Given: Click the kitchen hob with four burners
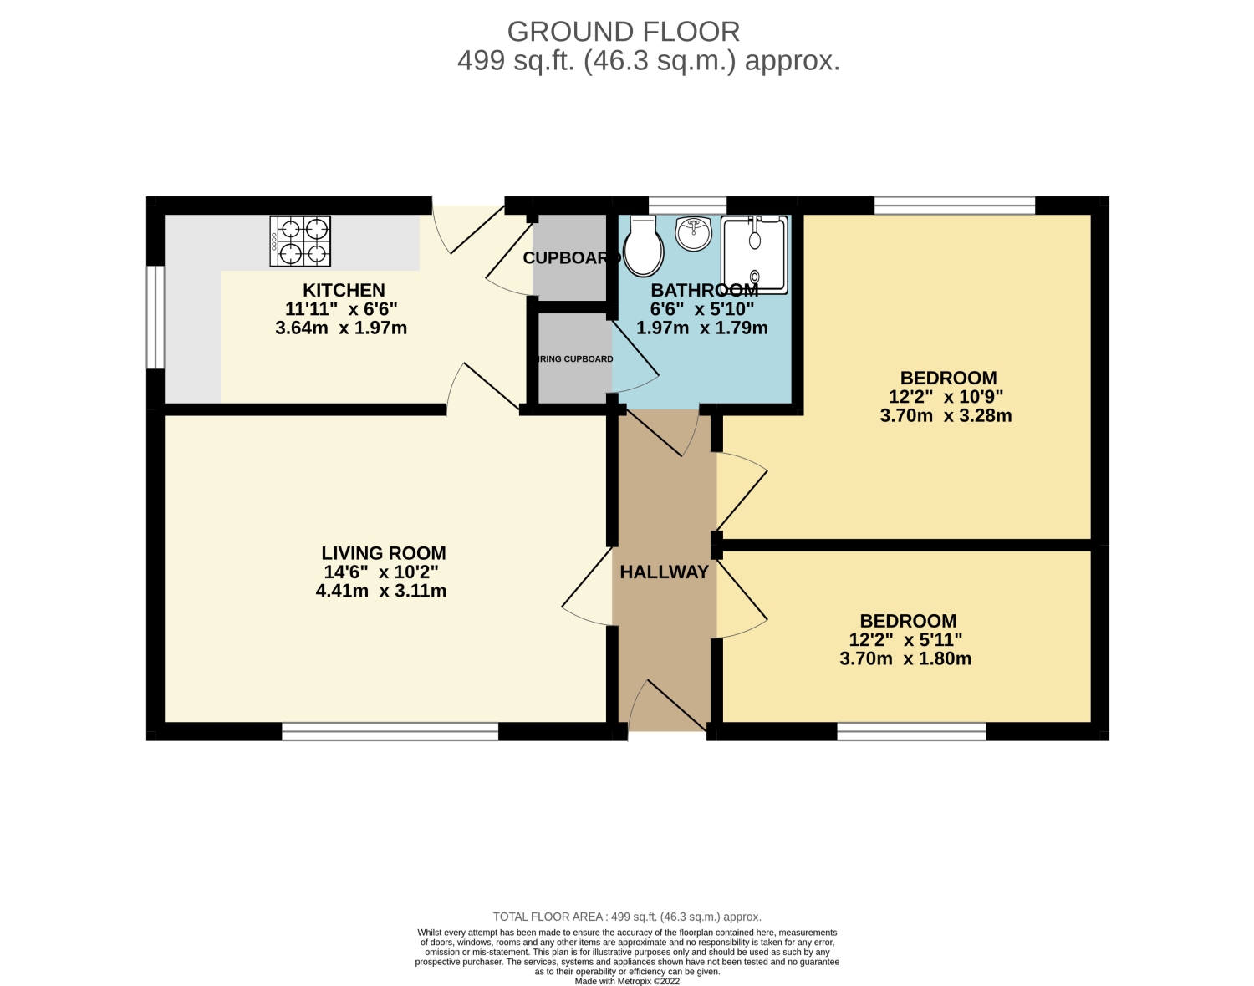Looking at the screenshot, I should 300,241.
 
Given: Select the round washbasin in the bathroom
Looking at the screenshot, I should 693,233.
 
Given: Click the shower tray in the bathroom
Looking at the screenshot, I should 755,255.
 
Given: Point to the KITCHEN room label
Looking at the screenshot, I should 344,291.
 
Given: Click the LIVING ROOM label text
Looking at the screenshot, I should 384,553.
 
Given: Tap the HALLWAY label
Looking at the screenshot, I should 664,572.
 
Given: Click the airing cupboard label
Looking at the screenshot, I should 574,359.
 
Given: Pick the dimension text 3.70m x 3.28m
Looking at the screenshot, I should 946,416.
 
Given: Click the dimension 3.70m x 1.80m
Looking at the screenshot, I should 905,659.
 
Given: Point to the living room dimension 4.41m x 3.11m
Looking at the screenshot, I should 380,592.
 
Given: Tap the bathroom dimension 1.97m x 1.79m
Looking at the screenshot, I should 701,328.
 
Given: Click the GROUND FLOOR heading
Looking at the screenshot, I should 624,32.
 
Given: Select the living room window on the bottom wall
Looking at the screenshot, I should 390,732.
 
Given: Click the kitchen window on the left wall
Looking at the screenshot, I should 155,317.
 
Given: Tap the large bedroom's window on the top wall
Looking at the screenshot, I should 954,206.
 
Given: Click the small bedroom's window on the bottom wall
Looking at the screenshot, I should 911,732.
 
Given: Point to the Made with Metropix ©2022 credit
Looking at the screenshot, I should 627,982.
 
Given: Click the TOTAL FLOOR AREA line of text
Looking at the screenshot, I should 627,917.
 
